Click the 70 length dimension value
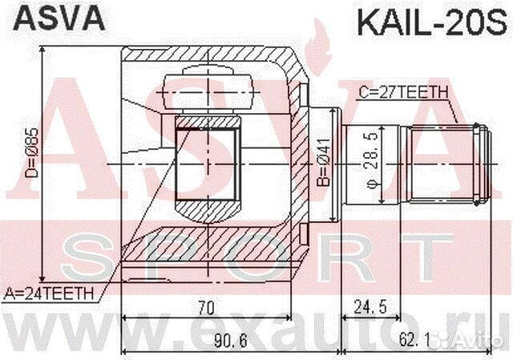click(207, 305)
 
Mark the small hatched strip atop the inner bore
click(207, 121)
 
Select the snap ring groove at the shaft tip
click(478, 164)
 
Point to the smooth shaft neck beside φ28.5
click(353, 164)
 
